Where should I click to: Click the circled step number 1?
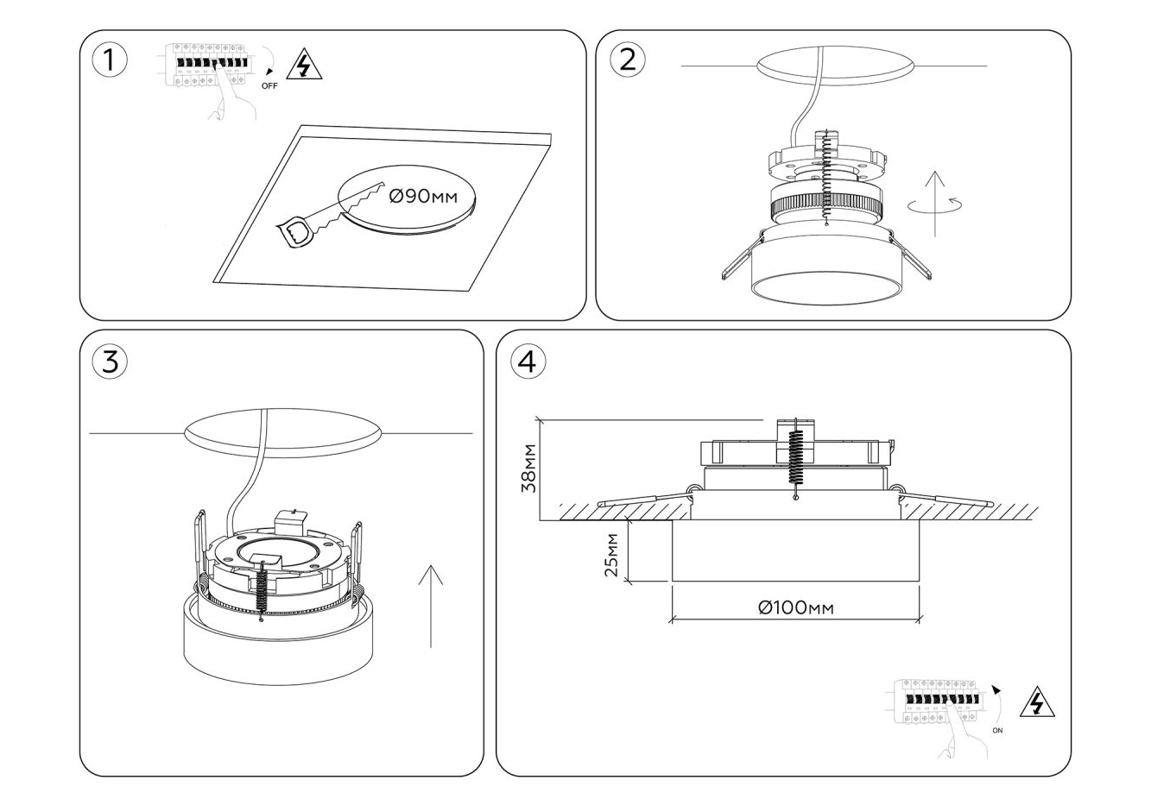point(109,60)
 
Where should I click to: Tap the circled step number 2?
point(628,59)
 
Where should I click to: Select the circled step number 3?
point(110,362)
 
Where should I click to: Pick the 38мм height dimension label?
point(529,469)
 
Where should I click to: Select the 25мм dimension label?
point(611,555)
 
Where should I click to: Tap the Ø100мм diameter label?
point(796,607)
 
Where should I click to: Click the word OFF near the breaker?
point(269,85)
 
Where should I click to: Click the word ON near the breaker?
point(998,730)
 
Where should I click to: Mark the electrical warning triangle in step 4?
point(1036,704)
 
